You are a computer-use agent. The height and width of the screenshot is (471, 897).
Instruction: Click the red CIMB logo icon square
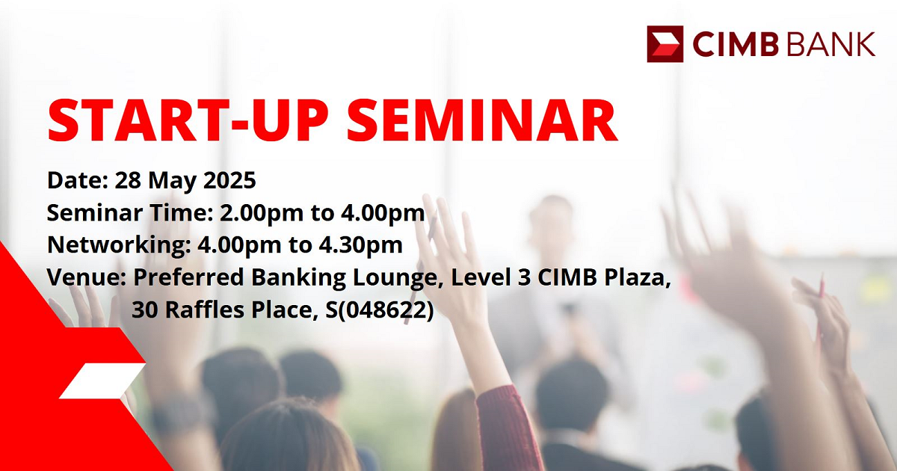pyautogui.click(x=665, y=44)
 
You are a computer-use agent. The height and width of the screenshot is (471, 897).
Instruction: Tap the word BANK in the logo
pyautogui.click(x=830, y=44)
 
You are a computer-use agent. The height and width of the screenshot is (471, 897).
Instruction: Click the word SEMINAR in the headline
pyautogui.click(x=482, y=120)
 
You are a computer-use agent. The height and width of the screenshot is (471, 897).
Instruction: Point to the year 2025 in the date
pyautogui.click(x=229, y=180)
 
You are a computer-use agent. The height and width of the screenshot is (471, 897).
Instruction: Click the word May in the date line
pyautogui.click(x=172, y=182)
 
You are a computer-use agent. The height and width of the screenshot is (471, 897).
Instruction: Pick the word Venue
pyautogui.click(x=87, y=277)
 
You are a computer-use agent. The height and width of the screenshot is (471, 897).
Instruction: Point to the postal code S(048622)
pyautogui.click(x=380, y=310)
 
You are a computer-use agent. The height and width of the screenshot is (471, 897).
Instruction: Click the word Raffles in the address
pyautogui.click(x=204, y=310)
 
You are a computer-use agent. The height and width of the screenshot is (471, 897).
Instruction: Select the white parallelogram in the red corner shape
pyautogui.click(x=102, y=381)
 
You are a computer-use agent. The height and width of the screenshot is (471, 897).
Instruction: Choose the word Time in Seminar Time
pyautogui.click(x=182, y=212)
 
